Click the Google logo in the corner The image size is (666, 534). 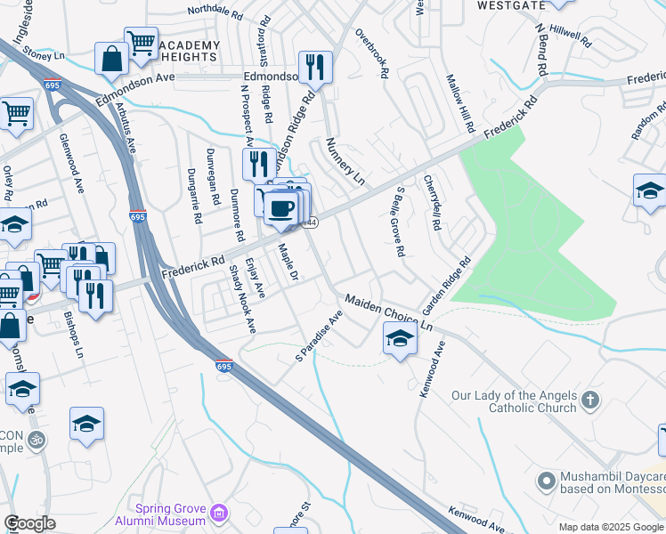28,522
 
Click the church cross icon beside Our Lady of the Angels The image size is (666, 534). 589,400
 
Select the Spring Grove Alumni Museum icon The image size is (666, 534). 219,514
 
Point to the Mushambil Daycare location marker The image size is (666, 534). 546,481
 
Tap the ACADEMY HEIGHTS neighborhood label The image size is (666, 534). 190,52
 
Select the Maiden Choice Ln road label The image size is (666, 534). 388,312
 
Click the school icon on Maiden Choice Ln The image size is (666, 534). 400,338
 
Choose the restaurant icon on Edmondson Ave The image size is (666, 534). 314,67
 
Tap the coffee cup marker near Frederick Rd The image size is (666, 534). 281,206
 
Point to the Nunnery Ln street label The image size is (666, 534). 346,160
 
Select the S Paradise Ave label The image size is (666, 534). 321,336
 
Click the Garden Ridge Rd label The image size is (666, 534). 446,287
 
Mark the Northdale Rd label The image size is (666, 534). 215,13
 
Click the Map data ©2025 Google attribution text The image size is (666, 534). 598,526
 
